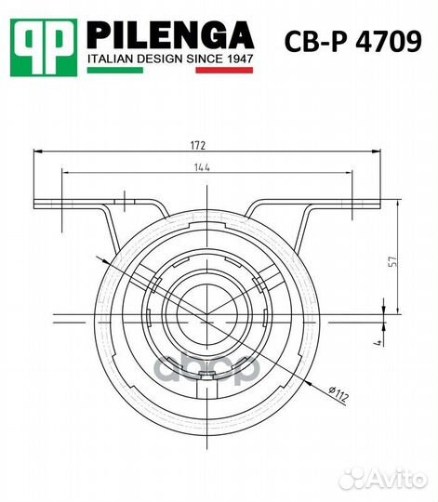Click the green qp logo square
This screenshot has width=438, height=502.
[44, 46]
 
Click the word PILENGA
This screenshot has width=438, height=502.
[169, 36]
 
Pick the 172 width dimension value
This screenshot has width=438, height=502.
[197, 145]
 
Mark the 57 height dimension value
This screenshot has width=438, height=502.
[392, 262]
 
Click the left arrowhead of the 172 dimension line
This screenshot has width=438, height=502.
[36, 152]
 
